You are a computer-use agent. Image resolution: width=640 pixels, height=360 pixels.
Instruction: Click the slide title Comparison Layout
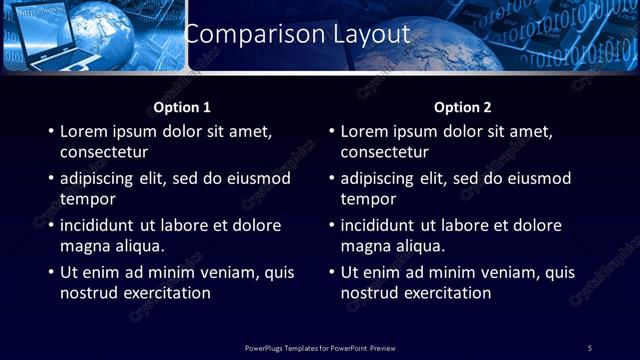297,33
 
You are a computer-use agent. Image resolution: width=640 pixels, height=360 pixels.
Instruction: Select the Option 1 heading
181,107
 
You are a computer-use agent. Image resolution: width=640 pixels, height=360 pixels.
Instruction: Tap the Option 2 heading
462,107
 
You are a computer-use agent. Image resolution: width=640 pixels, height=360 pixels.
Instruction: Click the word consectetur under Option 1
104,152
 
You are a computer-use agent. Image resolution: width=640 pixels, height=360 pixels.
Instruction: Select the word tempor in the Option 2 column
368,199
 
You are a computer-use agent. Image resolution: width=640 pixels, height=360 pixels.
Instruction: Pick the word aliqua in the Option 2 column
418,246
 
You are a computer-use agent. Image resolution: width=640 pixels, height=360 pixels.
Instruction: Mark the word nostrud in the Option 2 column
371,293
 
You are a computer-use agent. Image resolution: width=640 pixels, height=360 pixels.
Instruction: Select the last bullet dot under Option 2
330,273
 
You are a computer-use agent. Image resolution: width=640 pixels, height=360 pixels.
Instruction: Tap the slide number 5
590,347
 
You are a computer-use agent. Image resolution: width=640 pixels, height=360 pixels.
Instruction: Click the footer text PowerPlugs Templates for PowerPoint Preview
320,347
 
